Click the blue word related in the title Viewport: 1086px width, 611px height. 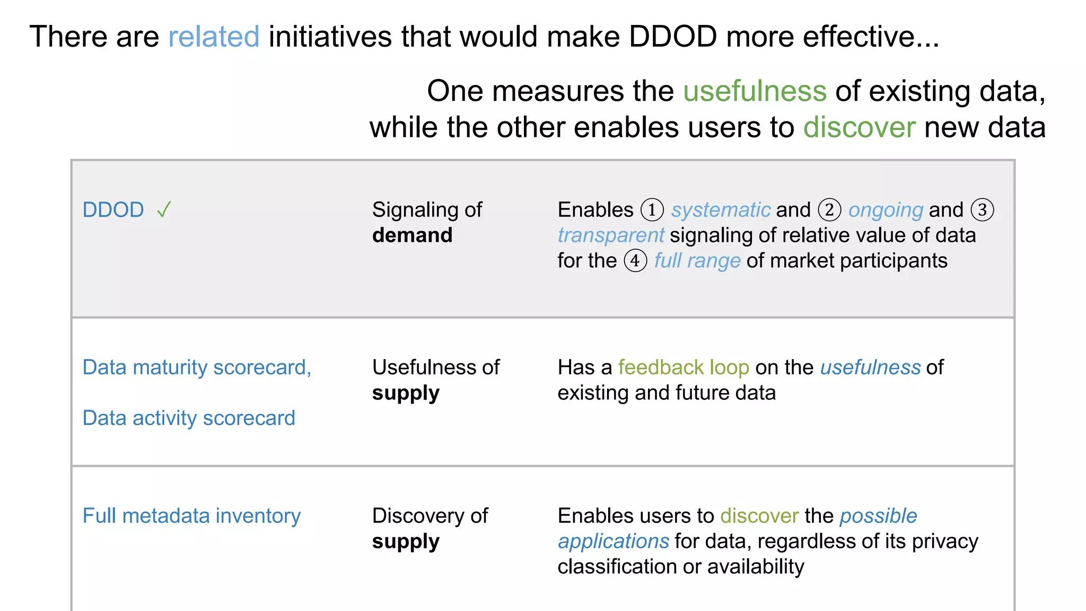[x=214, y=37]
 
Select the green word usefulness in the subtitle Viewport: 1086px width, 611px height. [x=755, y=91]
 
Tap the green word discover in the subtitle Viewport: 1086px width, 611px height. [x=859, y=127]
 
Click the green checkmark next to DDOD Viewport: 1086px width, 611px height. [x=164, y=210]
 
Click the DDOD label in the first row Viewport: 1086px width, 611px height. [x=113, y=210]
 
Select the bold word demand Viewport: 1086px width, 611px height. [x=412, y=235]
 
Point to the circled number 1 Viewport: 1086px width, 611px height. [x=652, y=210]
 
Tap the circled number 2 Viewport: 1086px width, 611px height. [x=829, y=210]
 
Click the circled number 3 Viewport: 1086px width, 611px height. [x=982, y=210]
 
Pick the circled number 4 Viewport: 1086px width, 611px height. [x=635, y=260]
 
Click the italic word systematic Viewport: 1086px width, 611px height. [x=721, y=210]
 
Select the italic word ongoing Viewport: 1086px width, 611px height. [x=886, y=210]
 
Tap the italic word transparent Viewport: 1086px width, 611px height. [x=610, y=235]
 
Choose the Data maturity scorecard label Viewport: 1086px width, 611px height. [x=197, y=367]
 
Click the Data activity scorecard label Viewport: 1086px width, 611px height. [x=189, y=418]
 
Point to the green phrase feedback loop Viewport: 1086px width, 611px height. [x=684, y=367]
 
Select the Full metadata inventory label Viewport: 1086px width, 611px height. [x=191, y=516]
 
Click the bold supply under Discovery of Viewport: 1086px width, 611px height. [x=406, y=542]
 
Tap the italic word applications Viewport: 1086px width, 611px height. [x=613, y=541]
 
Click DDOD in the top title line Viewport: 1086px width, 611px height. [x=673, y=37]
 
